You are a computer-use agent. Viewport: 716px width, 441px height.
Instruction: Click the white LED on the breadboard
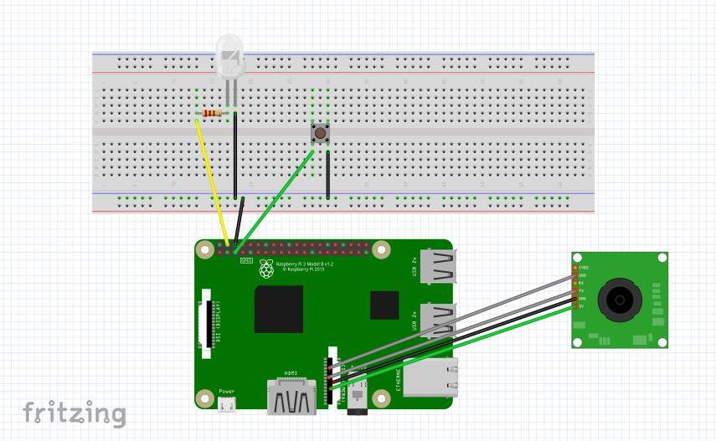coord(229,59)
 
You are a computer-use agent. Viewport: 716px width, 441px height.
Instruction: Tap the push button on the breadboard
coord(319,132)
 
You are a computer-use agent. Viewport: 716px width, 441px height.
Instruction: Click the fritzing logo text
coord(74,413)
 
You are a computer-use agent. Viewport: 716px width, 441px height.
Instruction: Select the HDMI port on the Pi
coord(291,396)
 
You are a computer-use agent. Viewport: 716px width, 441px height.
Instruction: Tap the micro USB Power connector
coord(226,404)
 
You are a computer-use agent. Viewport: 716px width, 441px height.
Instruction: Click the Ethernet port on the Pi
coord(430,377)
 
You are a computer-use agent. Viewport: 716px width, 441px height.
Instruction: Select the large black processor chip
coord(279,309)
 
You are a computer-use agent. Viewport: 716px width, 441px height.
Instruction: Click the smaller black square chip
coord(385,305)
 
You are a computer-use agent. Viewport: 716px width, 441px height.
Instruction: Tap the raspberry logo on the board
coord(266,269)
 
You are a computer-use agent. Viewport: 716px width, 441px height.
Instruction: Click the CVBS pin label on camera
coord(584,267)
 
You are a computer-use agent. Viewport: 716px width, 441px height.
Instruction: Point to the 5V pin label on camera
coord(582,306)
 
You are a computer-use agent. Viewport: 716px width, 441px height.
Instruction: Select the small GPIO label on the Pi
coord(246,261)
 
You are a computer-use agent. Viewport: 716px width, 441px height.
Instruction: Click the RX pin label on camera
coord(582,283)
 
